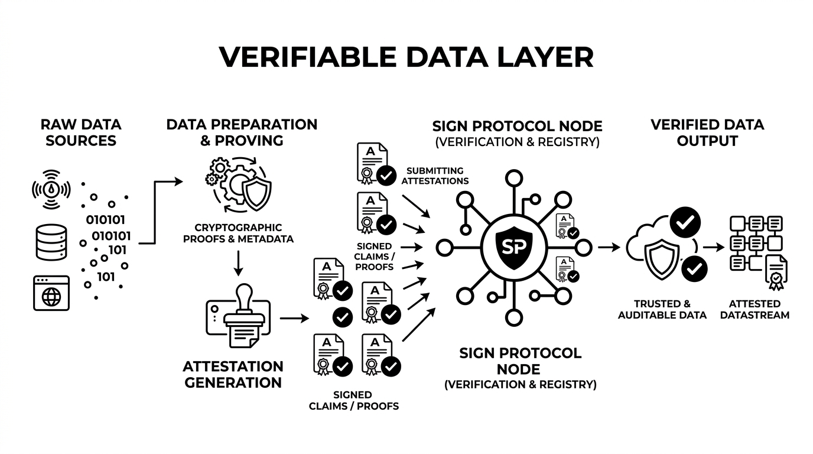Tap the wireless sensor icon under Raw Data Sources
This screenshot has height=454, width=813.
pos(50,189)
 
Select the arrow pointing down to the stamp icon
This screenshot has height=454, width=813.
pos(238,263)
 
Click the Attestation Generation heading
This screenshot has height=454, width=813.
pos(233,374)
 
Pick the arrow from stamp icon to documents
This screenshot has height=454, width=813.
pos(294,319)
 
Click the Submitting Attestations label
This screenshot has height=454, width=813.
pos(435,176)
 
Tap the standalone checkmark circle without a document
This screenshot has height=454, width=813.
pos(343,317)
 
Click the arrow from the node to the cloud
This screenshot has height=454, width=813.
pos(608,247)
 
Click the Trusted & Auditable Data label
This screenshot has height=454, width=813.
pos(662,310)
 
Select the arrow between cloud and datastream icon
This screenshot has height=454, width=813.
pos(713,247)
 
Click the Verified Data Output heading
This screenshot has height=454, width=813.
pos(707,133)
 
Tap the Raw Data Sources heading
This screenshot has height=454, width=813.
pos(81,132)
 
